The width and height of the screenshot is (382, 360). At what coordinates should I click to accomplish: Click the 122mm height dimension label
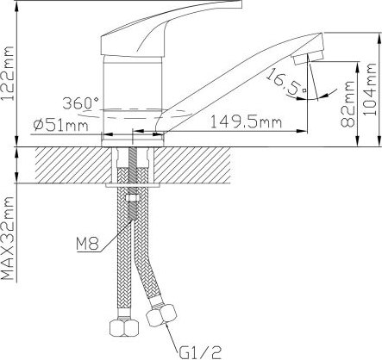(9, 73)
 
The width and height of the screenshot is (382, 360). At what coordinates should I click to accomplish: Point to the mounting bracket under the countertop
(130, 183)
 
